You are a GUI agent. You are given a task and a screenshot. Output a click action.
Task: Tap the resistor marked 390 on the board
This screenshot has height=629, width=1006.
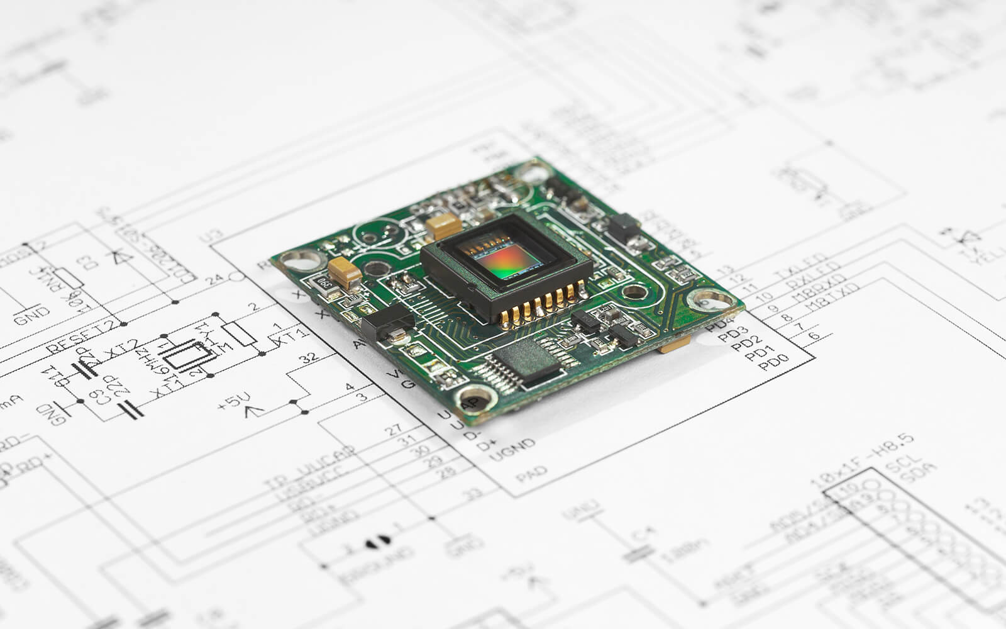point(325,283)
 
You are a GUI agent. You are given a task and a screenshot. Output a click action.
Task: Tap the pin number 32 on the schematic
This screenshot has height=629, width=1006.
point(309,359)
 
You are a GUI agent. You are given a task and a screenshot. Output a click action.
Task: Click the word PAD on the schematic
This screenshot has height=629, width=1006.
point(531,474)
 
